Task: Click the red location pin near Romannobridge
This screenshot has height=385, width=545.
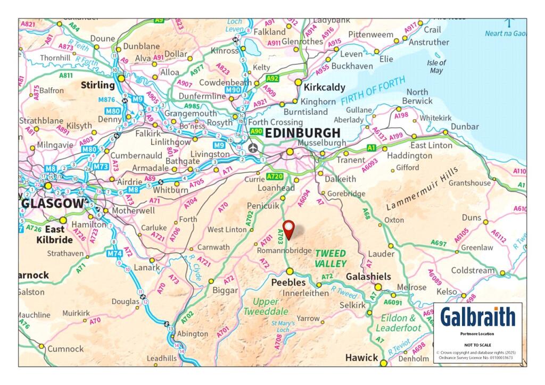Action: click(288, 229)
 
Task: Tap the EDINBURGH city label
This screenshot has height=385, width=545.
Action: click(302, 133)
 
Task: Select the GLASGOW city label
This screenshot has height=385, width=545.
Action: click(52, 204)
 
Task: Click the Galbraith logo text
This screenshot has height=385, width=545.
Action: click(477, 317)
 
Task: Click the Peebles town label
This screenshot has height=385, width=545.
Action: click(288, 282)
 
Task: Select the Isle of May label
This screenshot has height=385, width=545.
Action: click(436, 66)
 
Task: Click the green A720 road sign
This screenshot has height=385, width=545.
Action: click(275, 177)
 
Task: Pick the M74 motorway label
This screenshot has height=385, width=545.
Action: click(114, 254)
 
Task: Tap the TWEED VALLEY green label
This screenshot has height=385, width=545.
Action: click(330, 258)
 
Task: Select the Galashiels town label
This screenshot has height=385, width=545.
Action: click(368, 277)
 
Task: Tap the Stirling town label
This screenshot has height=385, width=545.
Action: click(97, 85)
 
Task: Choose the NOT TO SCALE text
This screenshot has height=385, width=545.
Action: click(477, 345)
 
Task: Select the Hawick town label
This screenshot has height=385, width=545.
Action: click(361, 357)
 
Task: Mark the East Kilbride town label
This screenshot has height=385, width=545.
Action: click(55, 235)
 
